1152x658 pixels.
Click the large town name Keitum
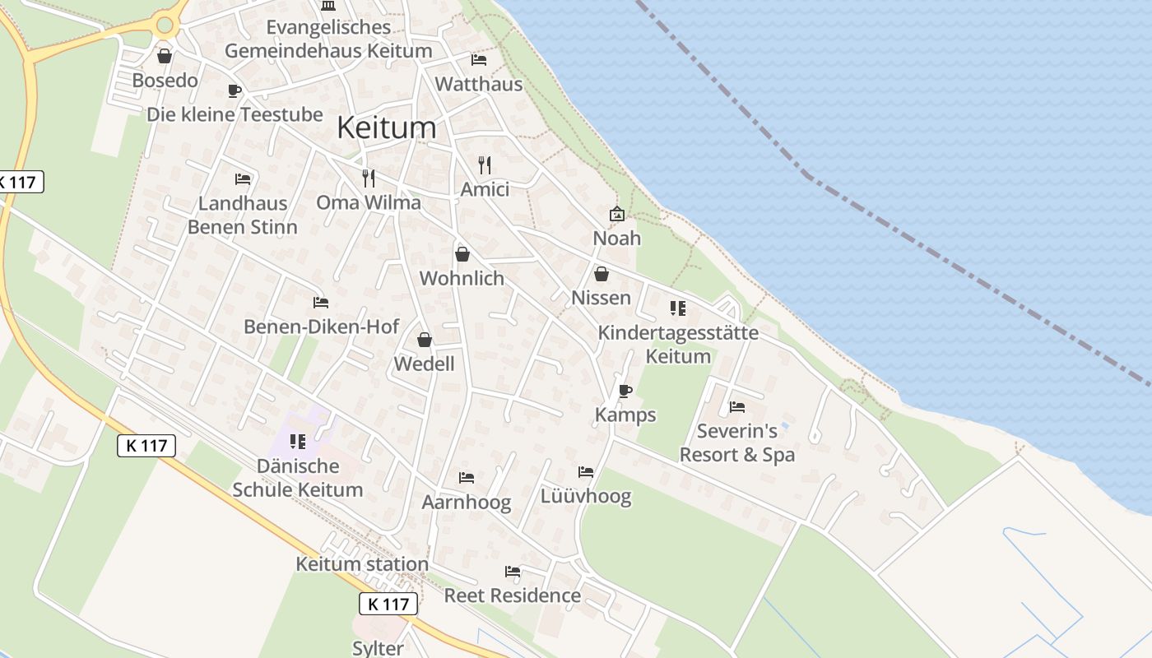click(x=386, y=127)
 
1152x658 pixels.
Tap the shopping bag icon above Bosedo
click(x=165, y=56)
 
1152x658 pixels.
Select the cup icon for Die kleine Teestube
click(x=235, y=90)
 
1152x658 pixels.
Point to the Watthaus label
click(x=478, y=84)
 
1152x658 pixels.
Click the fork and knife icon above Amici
click(x=485, y=165)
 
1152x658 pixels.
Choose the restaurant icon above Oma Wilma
click(x=369, y=178)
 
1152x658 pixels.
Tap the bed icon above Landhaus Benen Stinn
click(x=242, y=178)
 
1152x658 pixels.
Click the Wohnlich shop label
click(x=462, y=278)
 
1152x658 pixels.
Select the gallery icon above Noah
click(x=616, y=214)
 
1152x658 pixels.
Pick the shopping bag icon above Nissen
click(x=602, y=274)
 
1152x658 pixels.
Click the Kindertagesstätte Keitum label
click(x=678, y=345)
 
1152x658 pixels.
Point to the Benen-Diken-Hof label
click(x=322, y=327)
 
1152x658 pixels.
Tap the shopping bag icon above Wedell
click(x=425, y=340)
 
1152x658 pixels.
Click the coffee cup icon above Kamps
click(x=625, y=391)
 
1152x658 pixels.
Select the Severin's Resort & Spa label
click(x=737, y=443)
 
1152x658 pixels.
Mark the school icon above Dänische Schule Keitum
click(x=298, y=442)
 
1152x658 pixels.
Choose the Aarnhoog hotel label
click(x=467, y=502)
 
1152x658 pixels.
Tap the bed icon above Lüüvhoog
click(x=586, y=472)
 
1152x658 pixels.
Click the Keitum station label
click(x=362, y=564)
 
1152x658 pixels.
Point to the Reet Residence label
click(x=513, y=595)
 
